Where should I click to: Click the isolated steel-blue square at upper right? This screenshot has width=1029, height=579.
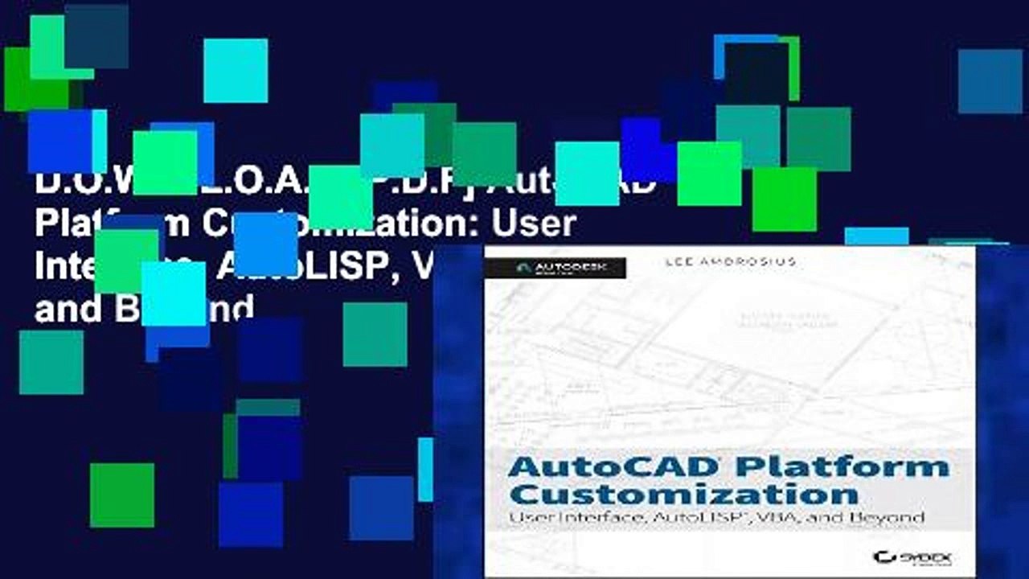click(990, 81)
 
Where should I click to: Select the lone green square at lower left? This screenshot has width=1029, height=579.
click(121, 495)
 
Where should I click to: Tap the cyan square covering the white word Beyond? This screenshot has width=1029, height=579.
click(174, 294)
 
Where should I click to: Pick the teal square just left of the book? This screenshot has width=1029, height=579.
click(375, 334)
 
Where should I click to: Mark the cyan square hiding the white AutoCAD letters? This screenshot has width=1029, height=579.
click(587, 173)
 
